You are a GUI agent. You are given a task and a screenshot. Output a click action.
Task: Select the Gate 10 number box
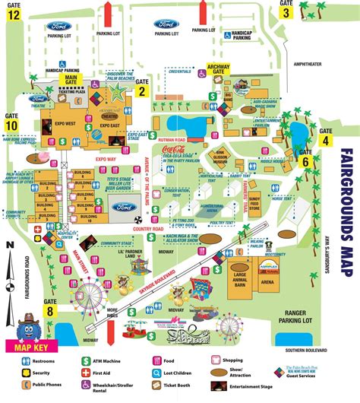(x=11, y=125)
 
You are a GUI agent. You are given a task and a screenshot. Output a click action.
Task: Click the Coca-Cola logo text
(x=174, y=152)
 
